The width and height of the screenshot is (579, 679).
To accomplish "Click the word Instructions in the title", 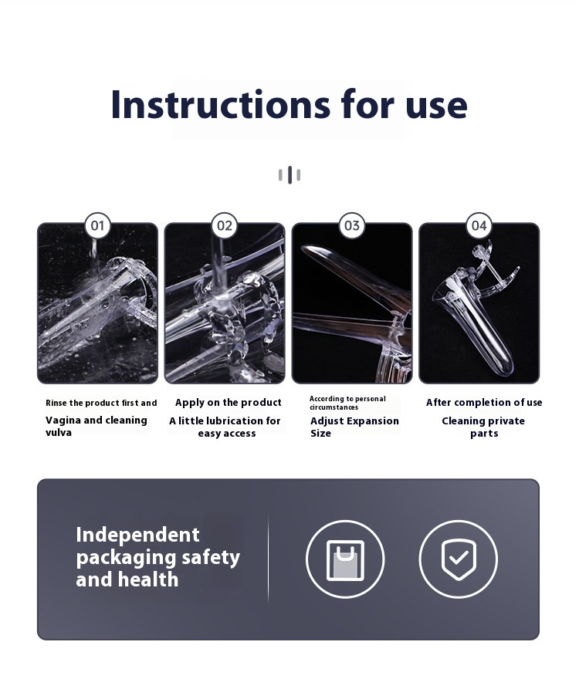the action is (221, 104).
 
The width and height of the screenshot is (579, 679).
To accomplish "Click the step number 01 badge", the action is (97, 225).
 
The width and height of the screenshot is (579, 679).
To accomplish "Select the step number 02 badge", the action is (225, 225).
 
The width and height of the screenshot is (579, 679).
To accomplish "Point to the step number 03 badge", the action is (352, 225).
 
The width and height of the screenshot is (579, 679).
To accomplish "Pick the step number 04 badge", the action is (479, 225).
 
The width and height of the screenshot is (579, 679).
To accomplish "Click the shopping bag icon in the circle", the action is (345, 559).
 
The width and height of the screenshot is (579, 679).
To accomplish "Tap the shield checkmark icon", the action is (459, 559).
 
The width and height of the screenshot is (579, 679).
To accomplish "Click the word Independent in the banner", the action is (138, 535).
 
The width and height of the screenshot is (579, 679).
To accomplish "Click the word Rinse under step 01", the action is (56, 403).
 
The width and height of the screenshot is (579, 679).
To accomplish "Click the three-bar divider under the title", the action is (289, 175).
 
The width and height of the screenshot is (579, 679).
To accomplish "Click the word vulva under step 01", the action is (59, 433).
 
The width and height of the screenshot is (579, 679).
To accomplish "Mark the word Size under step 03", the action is (320, 433).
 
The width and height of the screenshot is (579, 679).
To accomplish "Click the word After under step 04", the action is (438, 403).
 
